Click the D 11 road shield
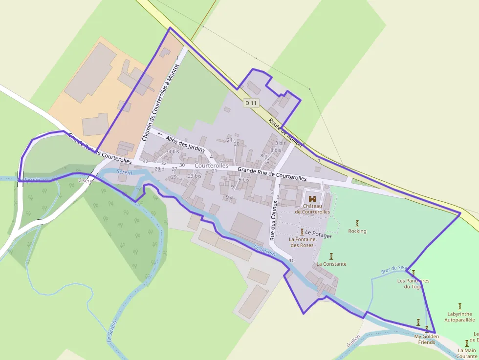coord(251,103)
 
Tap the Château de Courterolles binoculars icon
coord(312,199)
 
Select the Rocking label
coord(357,231)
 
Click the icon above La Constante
coord(331,256)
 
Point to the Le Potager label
coord(318,236)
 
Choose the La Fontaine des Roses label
coord(301,242)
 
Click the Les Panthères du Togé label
coord(413,283)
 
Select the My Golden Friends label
coord(427,339)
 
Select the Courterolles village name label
coord(211,166)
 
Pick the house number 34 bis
coord(172,151)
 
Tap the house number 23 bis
coord(195,176)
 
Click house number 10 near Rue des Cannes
coord(292,261)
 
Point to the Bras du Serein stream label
coord(393,270)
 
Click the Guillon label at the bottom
coord(353,340)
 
